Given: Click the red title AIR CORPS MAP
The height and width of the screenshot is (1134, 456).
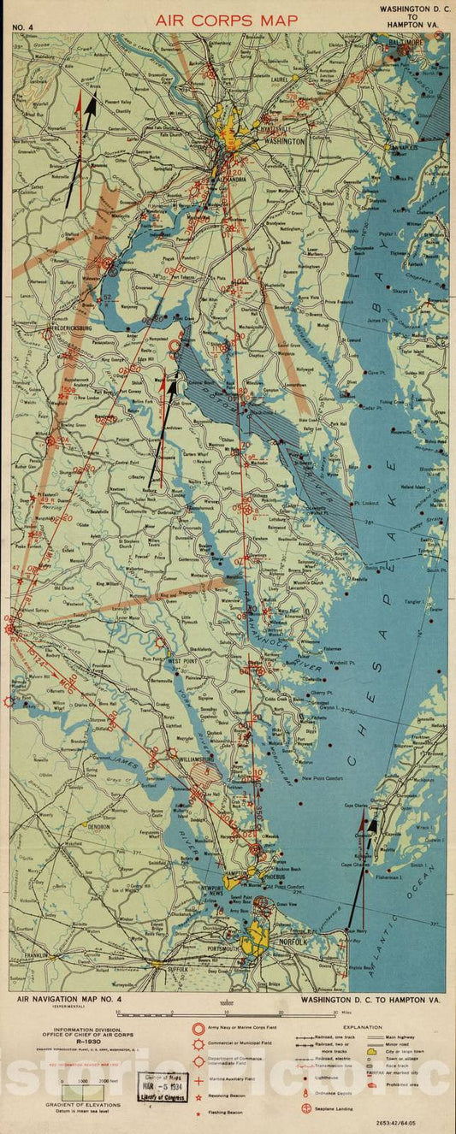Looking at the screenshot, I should [227, 19].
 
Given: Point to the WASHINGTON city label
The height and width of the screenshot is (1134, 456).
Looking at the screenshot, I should [284, 141].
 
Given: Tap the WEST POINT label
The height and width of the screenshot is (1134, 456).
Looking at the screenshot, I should [183, 661].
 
